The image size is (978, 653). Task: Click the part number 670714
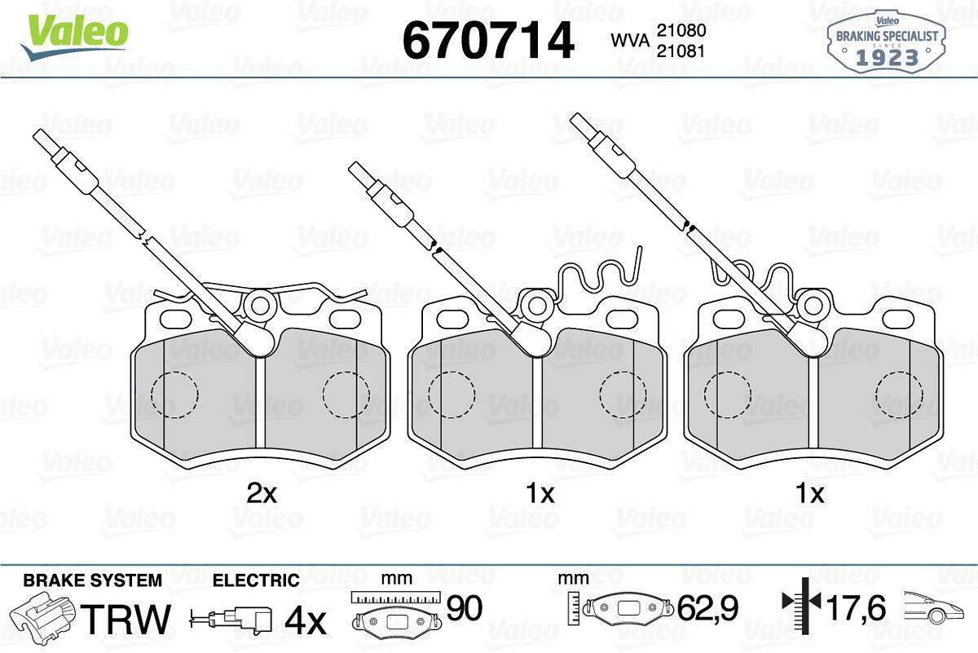488,40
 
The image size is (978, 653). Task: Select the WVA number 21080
681,31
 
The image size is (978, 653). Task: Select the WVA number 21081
681,51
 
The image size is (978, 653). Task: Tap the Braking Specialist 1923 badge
887,43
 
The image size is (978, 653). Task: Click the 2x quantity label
262,493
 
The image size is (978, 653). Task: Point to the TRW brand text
126,619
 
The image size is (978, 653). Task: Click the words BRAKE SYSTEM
93,580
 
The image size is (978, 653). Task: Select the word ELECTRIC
256,580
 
